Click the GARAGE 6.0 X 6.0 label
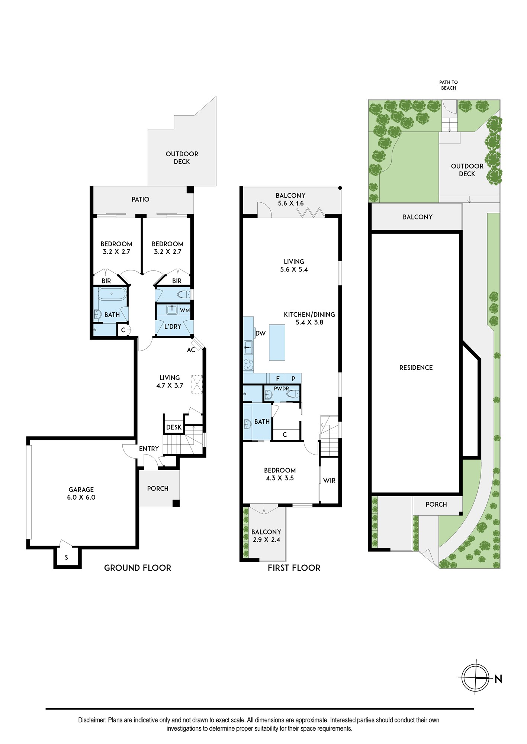pyautogui.click(x=81, y=493)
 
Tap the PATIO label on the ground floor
pyautogui.click(x=140, y=199)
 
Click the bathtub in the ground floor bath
pyautogui.click(x=112, y=294)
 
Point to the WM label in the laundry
pyautogui.click(x=185, y=310)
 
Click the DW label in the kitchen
pyautogui.click(x=260, y=333)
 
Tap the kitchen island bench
pyautogui.click(x=277, y=342)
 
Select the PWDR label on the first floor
pyautogui.click(x=282, y=389)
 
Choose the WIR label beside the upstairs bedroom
pyautogui.click(x=329, y=481)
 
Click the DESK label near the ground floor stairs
pyautogui.click(x=174, y=427)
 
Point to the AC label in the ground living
pyautogui.click(x=191, y=350)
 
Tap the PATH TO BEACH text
pyautogui.click(x=449, y=85)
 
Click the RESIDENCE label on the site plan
pyautogui.click(x=416, y=368)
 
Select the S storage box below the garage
pyautogui.click(x=67, y=557)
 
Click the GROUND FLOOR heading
pyautogui.click(x=138, y=568)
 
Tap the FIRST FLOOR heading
pyautogui.click(x=294, y=568)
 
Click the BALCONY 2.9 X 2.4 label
pyautogui.click(x=266, y=536)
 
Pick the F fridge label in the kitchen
pyautogui.click(x=278, y=379)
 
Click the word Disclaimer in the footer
pyautogui.click(x=92, y=720)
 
